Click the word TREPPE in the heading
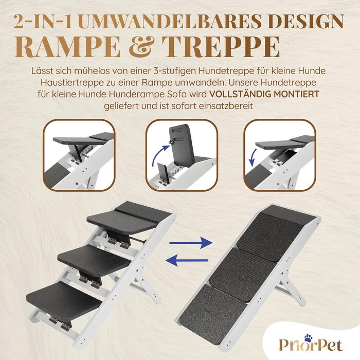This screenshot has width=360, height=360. pos(221,47)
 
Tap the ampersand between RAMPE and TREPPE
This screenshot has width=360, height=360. pos(141,47)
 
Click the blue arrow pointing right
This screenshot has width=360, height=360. pos(191,243)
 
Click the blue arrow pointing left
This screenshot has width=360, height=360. pos(187,260)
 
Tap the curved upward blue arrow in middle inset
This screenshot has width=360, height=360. pos(159,154)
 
